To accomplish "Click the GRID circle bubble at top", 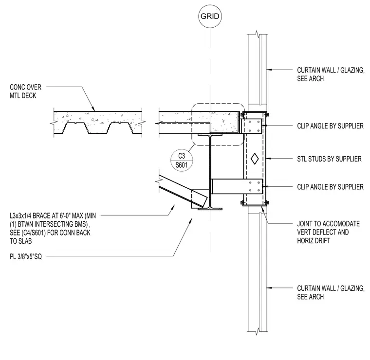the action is pos(210,16).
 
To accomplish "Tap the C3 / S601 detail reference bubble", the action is pos(182,161).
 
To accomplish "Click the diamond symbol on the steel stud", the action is pos(254,159).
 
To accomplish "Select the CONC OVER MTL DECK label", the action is pos(25,91).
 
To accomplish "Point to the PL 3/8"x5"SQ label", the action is pos(26,256).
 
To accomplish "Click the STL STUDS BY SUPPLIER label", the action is pos(329,159).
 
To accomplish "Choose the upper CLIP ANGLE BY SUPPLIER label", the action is pos(330,126).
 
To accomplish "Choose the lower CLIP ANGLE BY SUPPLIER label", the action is pos(330,187).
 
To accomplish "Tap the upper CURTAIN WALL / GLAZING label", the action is pos(331,74).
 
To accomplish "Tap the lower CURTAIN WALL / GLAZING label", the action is pos(331,292).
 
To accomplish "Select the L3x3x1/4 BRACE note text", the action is pos(53,228).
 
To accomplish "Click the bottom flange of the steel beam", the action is pos(210,209).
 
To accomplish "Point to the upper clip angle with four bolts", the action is pos(251,126).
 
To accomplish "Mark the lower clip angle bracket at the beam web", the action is pos(237,186).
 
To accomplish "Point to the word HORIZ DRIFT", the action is pos(314,241).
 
